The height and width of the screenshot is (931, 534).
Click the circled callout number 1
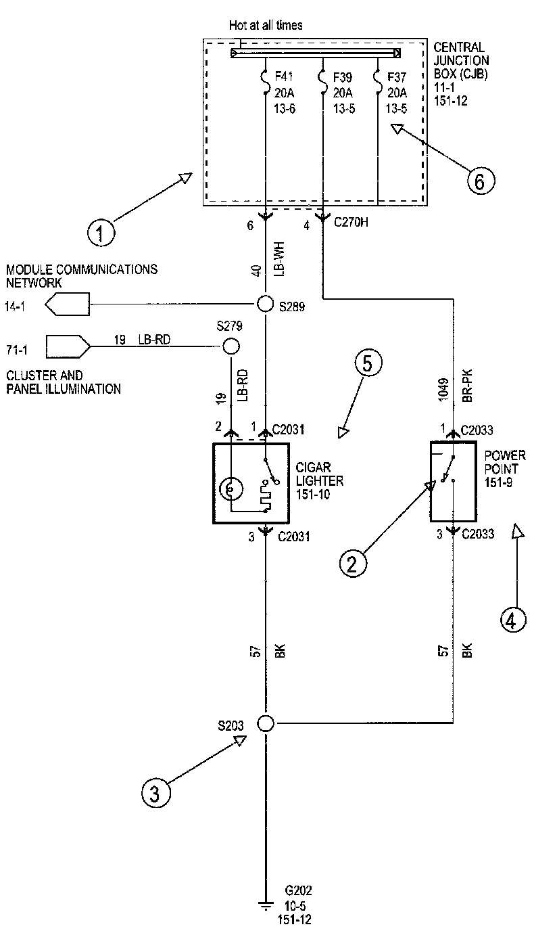pos(101,233)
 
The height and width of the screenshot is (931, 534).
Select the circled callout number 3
pos(155,792)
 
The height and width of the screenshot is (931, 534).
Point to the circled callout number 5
pos(367,364)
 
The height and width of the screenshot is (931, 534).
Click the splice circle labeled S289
pos(266,305)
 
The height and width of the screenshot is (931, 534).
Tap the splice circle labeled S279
pos(231,346)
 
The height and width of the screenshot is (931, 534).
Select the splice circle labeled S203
pos(266,723)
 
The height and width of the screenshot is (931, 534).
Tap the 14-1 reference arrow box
pos(68,305)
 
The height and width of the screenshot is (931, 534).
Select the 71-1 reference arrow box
pos(68,346)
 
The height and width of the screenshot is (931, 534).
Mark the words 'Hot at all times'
pos(266,25)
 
